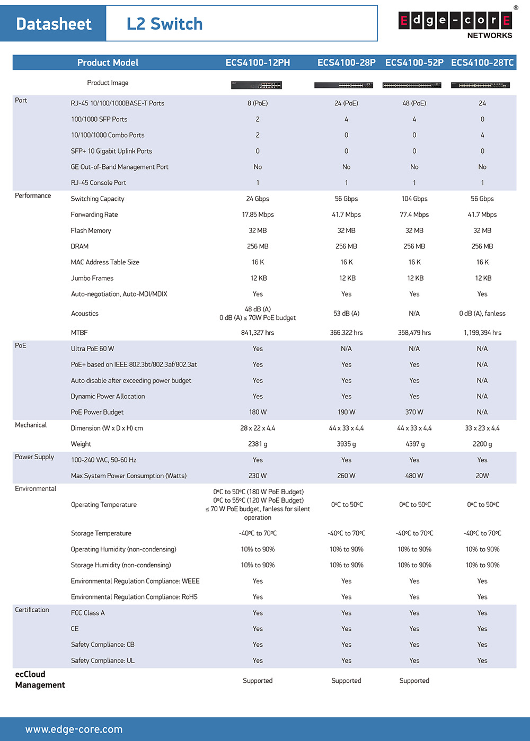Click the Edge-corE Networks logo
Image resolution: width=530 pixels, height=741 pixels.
[x=455, y=24]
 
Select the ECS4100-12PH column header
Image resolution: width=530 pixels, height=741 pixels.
[x=258, y=63]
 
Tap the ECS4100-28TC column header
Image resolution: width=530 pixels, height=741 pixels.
[x=482, y=63]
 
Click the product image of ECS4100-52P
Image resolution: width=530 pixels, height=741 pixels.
[x=412, y=85]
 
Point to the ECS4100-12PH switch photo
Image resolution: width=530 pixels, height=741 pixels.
[x=257, y=85]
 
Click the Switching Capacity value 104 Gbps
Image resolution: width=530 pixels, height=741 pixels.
[x=414, y=199]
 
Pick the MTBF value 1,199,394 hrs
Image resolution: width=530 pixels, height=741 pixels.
[x=482, y=333]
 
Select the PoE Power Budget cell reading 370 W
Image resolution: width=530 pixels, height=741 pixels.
[x=414, y=412]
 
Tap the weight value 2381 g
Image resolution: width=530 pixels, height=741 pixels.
[x=258, y=444]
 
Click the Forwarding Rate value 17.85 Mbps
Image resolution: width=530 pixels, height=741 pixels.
[x=258, y=215]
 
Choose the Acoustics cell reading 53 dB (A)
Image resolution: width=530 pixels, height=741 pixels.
[x=346, y=314]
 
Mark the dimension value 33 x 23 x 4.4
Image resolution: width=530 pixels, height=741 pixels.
[x=482, y=428]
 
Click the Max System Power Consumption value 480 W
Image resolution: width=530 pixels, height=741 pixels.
[x=414, y=476]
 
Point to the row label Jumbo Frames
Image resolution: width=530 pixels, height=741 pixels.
[x=92, y=278]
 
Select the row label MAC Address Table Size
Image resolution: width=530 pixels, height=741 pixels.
[x=105, y=262]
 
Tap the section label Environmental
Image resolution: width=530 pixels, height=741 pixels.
[x=36, y=488]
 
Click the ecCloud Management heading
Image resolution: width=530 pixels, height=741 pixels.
[x=40, y=680]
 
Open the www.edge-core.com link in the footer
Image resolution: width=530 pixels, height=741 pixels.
[x=74, y=729]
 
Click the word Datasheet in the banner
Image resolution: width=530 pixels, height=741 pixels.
[x=54, y=24]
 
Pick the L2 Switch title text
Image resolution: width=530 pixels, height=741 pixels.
[x=164, y=24]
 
